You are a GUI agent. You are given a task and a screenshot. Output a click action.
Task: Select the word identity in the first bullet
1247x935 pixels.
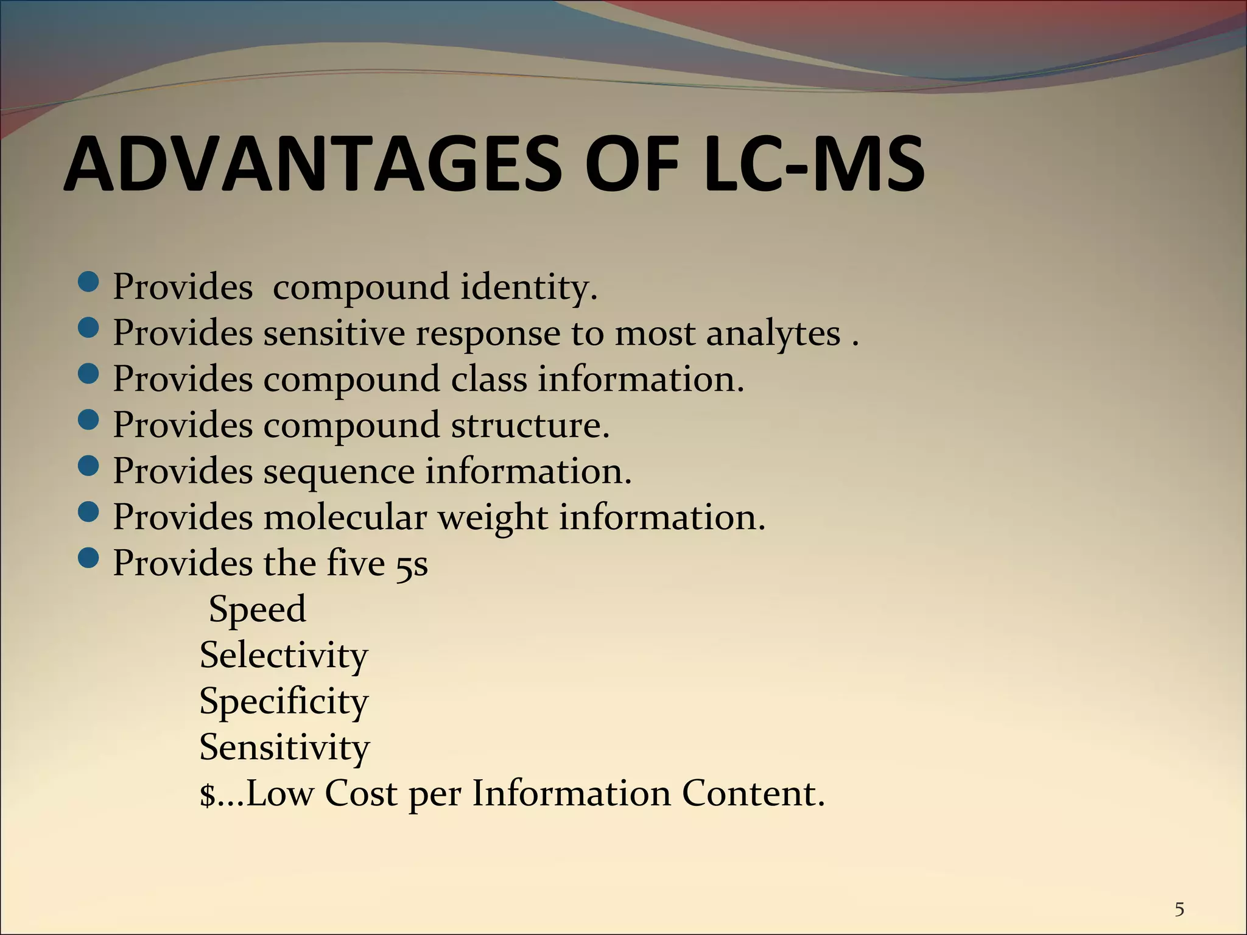pyautogui.click(x=529, y=287)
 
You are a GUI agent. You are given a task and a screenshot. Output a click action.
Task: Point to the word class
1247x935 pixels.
pyautogui.click(x=489, y=379)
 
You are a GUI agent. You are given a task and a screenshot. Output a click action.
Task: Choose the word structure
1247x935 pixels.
pyautogui.click(x=530, y=425)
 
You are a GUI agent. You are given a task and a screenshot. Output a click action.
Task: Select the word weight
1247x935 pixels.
pyautogui.click(x=493, y=518)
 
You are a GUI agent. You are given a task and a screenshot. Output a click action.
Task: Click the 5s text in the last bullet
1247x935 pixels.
pyautogui.click(x=412, y=564)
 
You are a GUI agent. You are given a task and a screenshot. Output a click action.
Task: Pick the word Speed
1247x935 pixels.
pyautogui.click(x=257, y=609)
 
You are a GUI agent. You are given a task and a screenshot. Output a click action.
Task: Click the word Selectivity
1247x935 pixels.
pyautogui.click(x=284, y=656)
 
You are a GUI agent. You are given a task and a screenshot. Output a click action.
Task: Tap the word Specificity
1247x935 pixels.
pyautogui.click(x=284, y=702)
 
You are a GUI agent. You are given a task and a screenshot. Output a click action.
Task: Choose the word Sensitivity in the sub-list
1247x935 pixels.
pyautogui.click(x=284, y=748)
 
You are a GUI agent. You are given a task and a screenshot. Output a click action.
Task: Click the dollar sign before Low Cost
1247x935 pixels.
pyautogui.click(x=208, y=795)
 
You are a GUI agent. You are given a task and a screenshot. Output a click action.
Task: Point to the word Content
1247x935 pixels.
pyautogui.click(x=753, y=793)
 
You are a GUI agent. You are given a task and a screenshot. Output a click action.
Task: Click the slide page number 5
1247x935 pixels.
pyautogui.click(x=1179, y=909)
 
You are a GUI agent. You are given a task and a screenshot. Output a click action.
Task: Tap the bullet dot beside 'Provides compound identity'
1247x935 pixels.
pyautogui.click(x=89, y=282)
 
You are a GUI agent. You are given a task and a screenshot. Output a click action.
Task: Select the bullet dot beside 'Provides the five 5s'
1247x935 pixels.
pyautogui.click(x=89, y=558)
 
